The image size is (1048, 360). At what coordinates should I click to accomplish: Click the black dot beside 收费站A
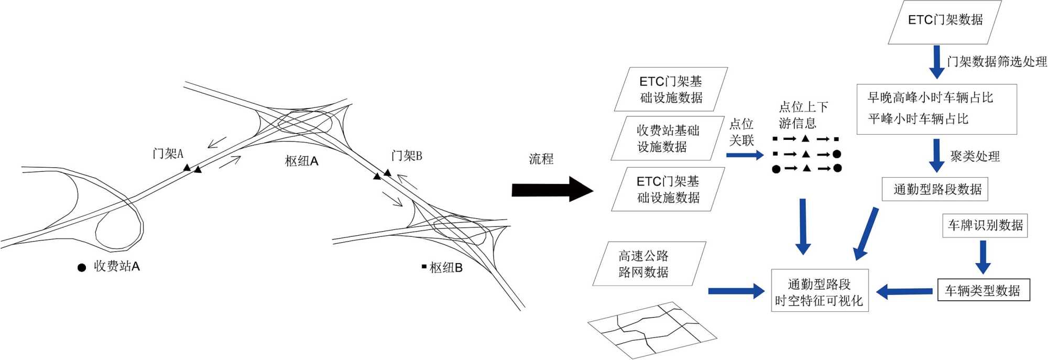point(82,268)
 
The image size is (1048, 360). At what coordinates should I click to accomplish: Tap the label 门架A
point(168,154)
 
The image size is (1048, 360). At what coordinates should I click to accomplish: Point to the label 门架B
point(407,156)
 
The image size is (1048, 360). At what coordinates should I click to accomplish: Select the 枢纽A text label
point(301,161)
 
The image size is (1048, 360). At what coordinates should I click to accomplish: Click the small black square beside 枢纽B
point(424,267)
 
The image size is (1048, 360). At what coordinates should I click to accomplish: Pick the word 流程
point(541,159)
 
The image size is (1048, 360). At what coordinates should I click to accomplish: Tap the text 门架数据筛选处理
point(996,62)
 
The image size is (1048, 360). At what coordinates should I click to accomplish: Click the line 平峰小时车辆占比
point(918,119)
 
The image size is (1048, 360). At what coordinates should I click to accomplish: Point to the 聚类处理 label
point(975,156)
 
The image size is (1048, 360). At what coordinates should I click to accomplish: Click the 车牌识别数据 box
point(985,225)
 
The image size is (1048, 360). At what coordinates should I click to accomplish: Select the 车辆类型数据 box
point(983,290)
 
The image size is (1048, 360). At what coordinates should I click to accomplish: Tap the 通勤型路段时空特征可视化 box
point(819,292)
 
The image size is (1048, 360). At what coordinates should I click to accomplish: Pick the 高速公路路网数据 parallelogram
point(649,264)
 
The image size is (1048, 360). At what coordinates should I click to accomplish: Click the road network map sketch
point(652,330)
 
